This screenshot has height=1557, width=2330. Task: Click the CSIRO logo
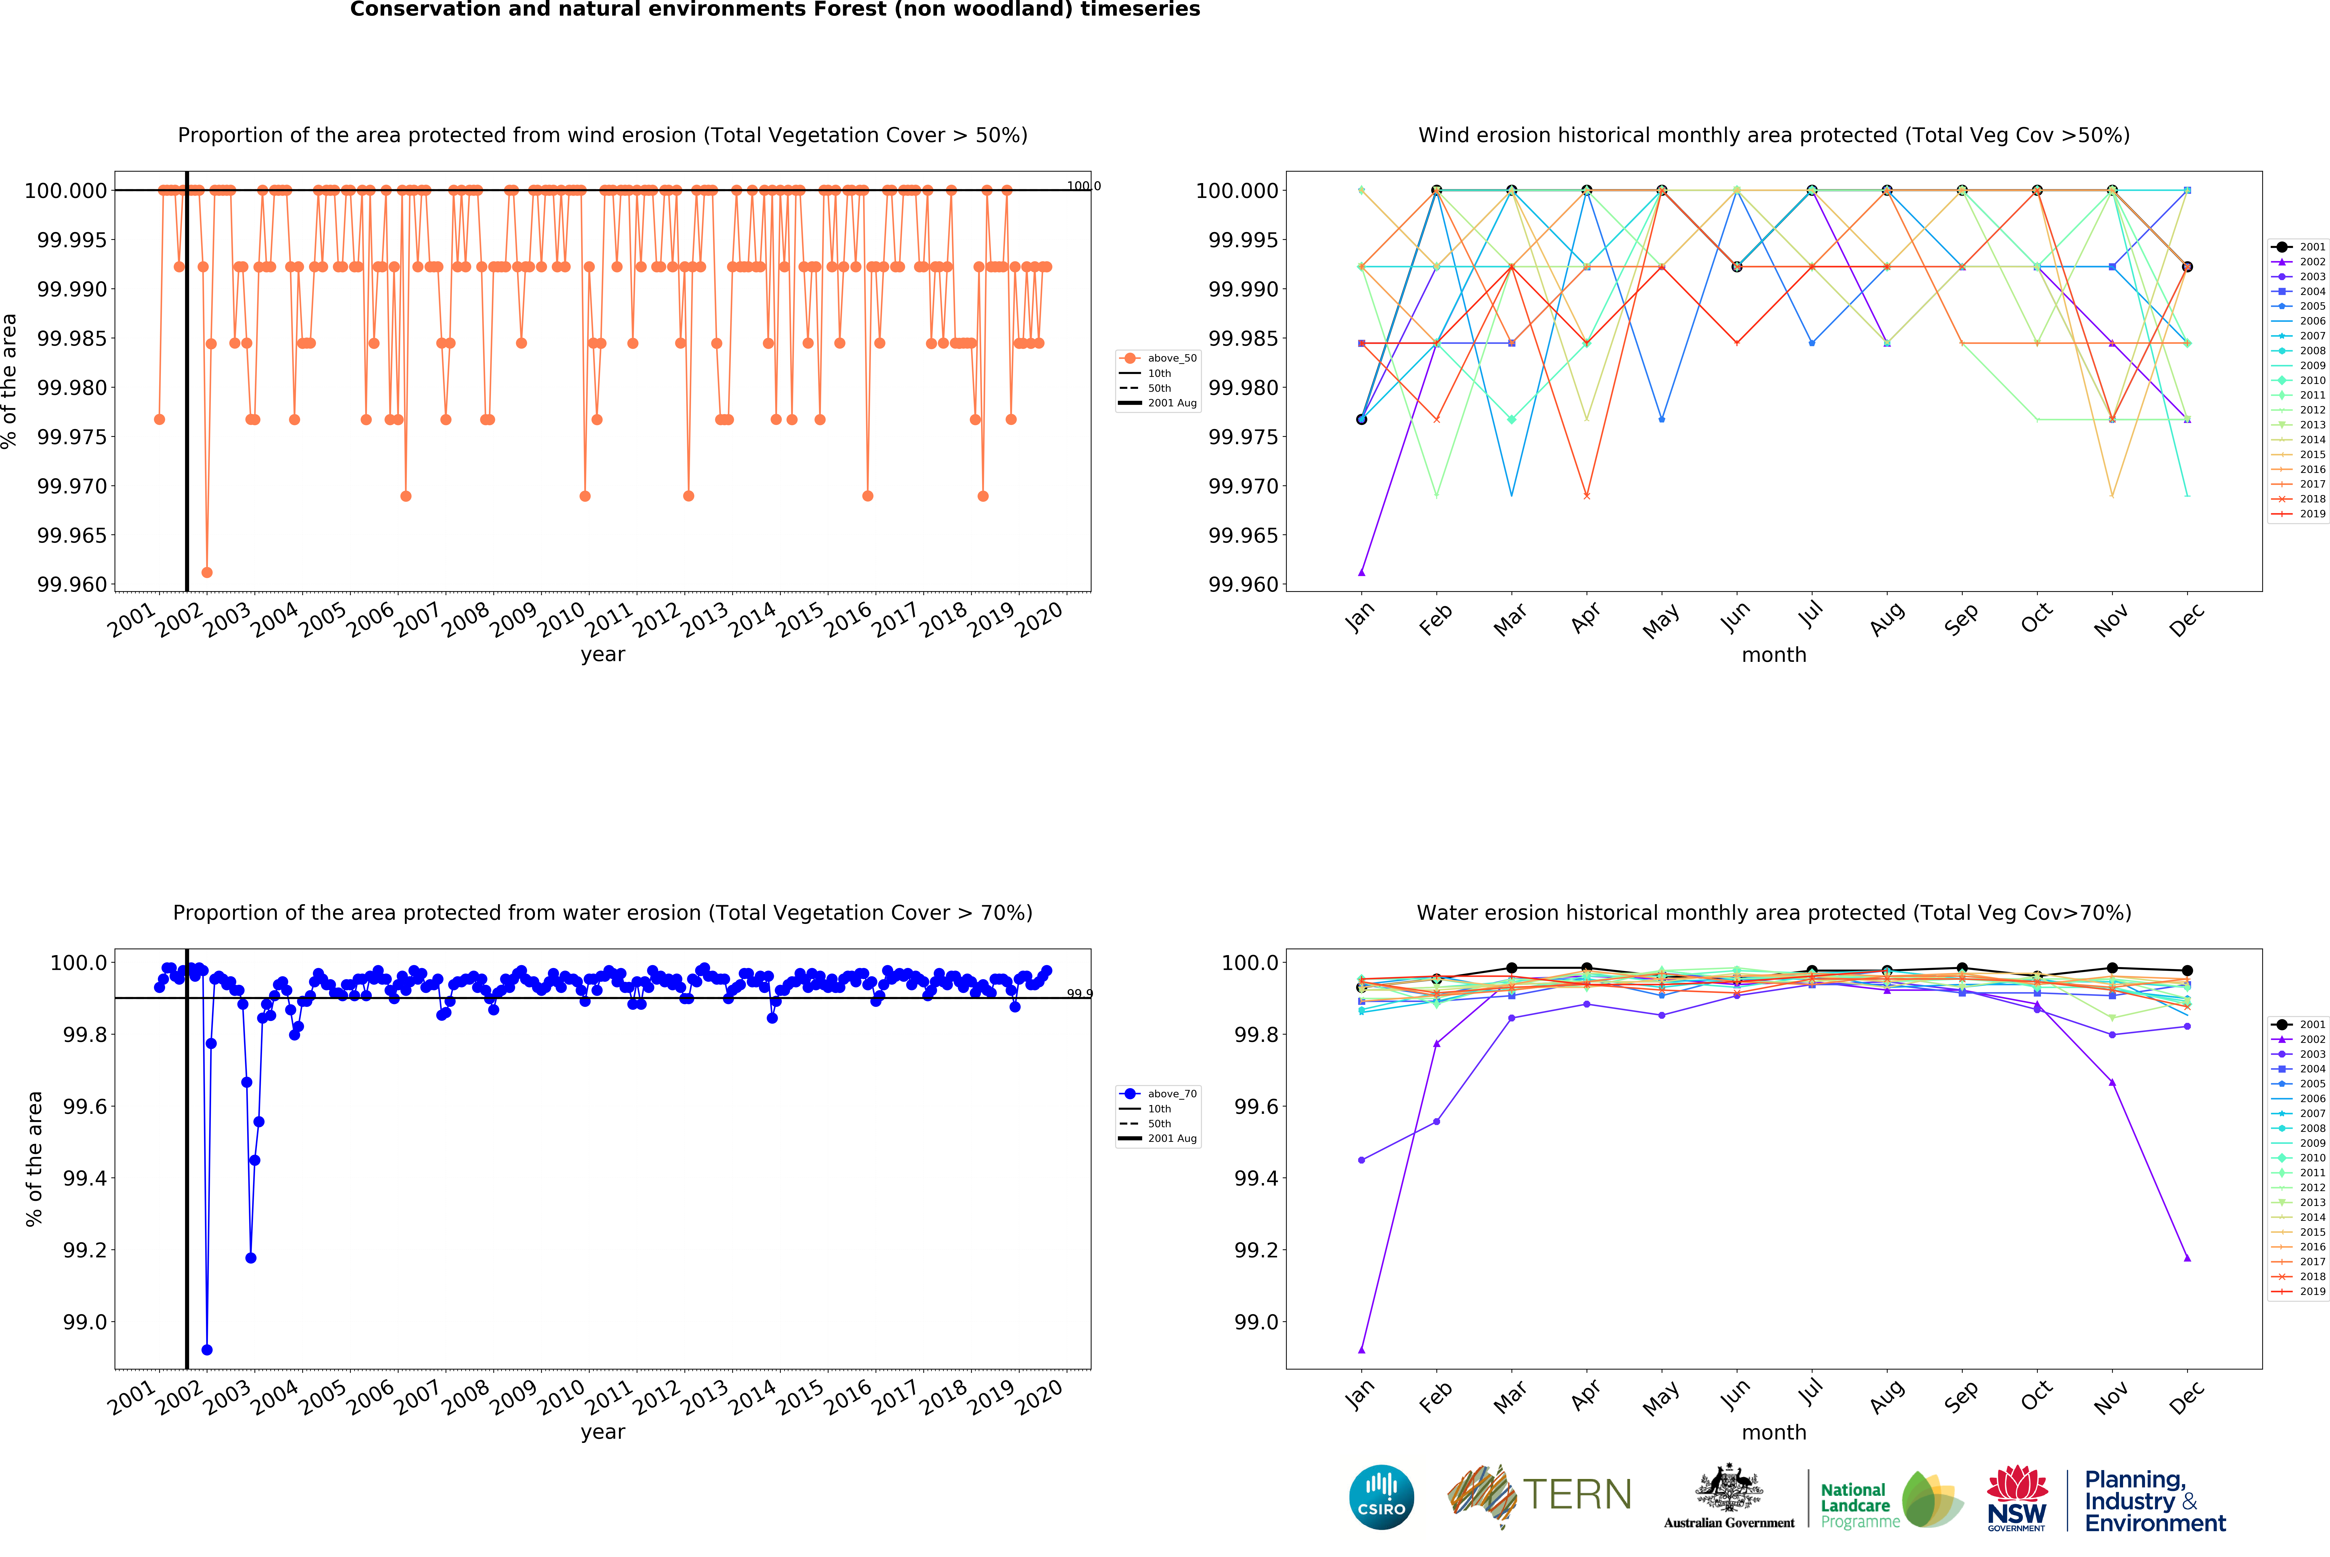[1381, 1497]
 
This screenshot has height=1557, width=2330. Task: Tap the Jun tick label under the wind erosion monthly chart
[1734, 618]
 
